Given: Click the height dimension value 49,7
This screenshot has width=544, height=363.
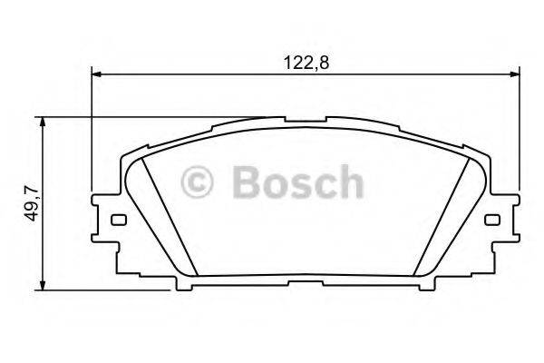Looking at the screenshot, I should point(32,202).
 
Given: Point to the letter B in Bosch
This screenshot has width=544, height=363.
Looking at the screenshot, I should point(246,182).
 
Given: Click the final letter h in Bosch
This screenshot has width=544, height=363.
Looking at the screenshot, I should point(350,182).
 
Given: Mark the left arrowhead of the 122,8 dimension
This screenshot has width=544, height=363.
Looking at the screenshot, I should point(97,75).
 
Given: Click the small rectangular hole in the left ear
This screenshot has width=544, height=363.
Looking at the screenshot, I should point(116,220).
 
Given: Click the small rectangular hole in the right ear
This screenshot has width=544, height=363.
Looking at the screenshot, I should point(492,220).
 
